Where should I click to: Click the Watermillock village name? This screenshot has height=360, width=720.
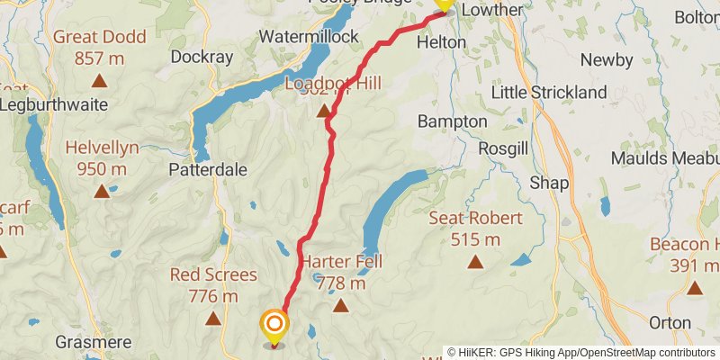coord(308,37)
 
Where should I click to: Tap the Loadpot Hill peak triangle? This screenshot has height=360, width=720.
coord(322,108)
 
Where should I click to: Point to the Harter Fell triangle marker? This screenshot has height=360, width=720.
coord(341,306)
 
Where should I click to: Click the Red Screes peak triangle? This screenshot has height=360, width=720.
coord(213,318)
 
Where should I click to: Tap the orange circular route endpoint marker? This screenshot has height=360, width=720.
coord(274,324)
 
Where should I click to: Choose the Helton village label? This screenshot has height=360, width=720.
coord(441,41)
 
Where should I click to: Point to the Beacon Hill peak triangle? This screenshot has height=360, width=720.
coord(695,288)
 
